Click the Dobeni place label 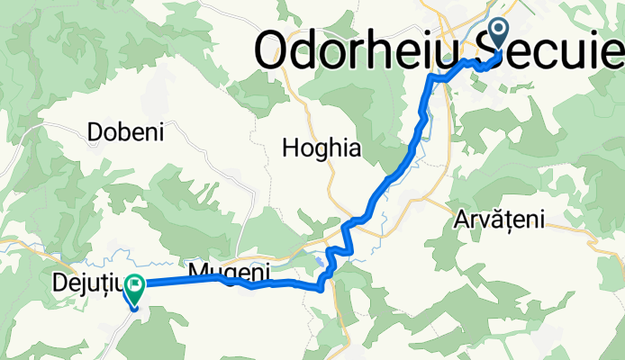point(125,132)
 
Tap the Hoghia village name point(322,148)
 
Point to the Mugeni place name point(229,270)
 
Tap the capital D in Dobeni point(95,132)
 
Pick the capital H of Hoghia point(290,148)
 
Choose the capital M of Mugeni point(198,270)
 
